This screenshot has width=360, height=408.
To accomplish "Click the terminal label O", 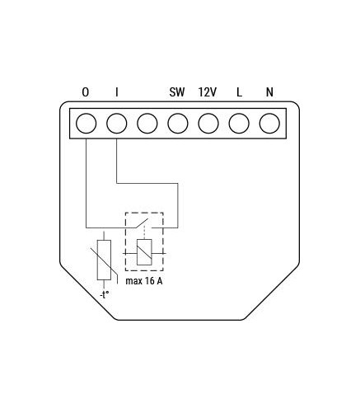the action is pyautogui.click(x=86, y=92).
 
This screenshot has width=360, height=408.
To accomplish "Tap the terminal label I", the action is pyautogui.click(x=117, y=92).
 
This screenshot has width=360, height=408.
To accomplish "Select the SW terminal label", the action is pyautogui.click(x=177, y=92).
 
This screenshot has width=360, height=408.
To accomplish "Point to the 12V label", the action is pyautogui.click(x=208, y=92).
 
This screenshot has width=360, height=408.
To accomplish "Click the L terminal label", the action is pyautogui.click(x=239, y=92).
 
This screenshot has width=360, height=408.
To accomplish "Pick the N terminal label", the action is pyautogui.click(x=269, y=92).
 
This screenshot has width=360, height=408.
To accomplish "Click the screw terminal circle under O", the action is pyautogui.click(x=86, y=124).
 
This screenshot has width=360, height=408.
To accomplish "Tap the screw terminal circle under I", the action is pyautogui.click(x=117, y=124).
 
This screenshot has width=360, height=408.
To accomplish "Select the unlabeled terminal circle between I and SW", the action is pyautogui.click(x=147, y=124).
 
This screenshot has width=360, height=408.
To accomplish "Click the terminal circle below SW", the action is pyautogui.click(x=178, y=124).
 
